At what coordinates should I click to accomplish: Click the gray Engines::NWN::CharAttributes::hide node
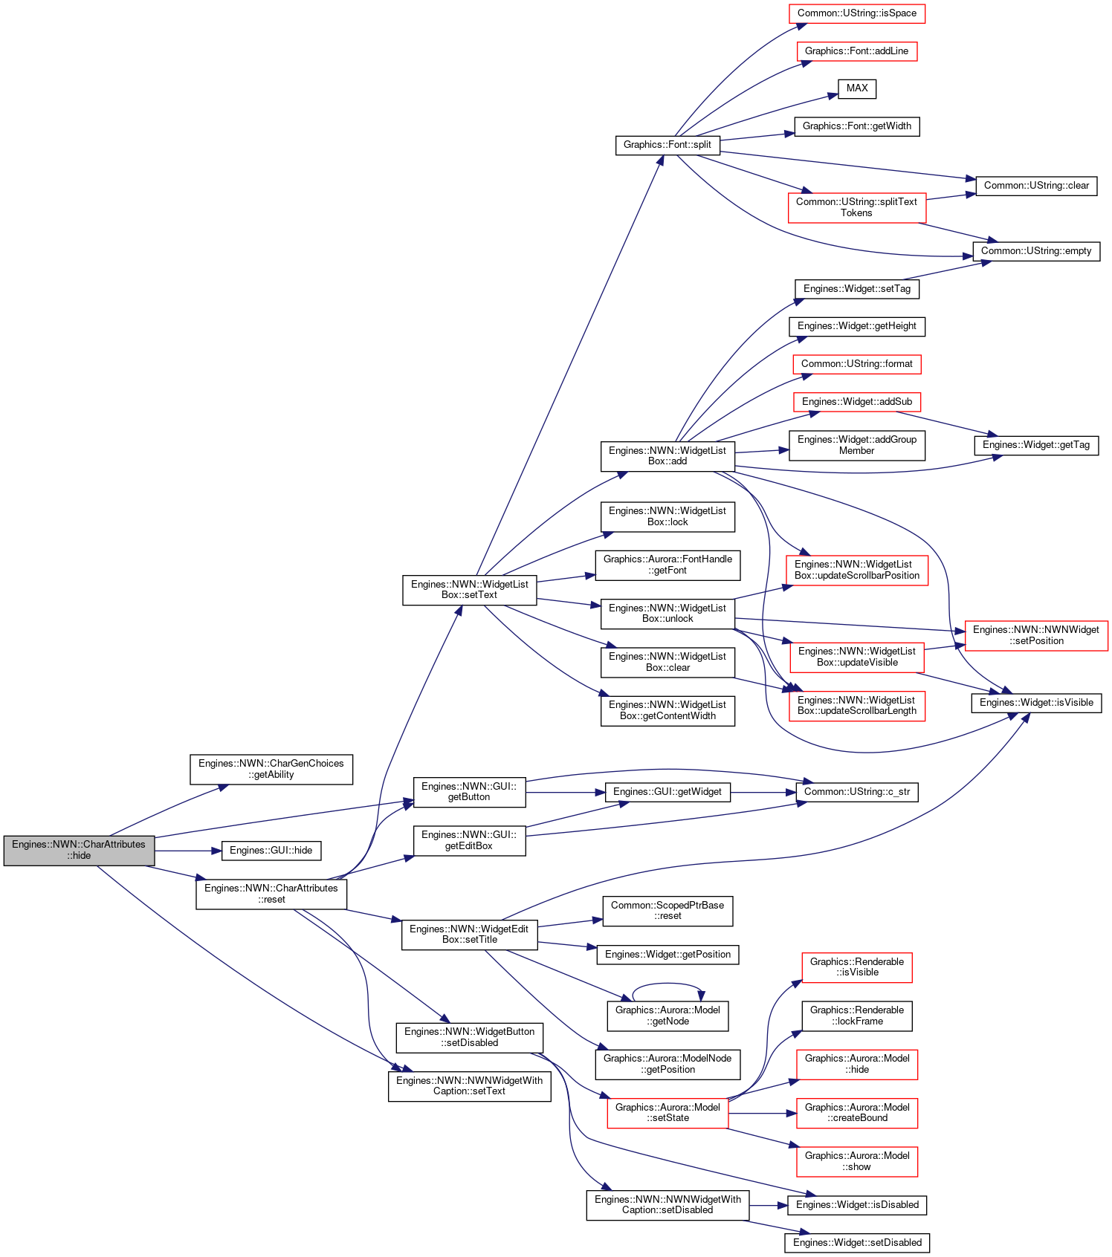tap(79, 851)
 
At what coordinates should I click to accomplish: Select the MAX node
tap(857, 88)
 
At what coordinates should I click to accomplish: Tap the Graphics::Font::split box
tap(667, 145)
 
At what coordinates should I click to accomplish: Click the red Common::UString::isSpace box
tap(857, 13)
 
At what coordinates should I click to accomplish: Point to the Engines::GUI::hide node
tap(271, 851)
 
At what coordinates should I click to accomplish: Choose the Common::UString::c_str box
tap(857, 792)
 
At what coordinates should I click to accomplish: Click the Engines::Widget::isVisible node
tap(1036, 703)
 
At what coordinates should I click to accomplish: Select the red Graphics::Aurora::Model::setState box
tap(667, 1113)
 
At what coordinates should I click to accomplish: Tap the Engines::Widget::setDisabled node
tap(857, 1243)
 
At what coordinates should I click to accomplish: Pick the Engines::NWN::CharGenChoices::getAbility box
tap(271, 769)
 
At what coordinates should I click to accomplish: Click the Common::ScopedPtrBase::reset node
tap(667, 911)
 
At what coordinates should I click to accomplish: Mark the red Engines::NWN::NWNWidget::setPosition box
tap(1036, 635)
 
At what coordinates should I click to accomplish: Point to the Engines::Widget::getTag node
tap(1036, 445)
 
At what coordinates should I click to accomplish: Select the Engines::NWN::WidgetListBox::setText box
tap(469, 590)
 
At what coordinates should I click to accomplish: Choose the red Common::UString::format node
tap(857, 364)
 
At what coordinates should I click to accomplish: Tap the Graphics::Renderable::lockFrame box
tap(857, 1016)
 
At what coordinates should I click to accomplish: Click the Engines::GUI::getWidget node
tap(667, 792)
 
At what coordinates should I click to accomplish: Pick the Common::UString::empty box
tap(1036, 251)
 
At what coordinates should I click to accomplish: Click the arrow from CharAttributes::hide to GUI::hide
tap(188, 851)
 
